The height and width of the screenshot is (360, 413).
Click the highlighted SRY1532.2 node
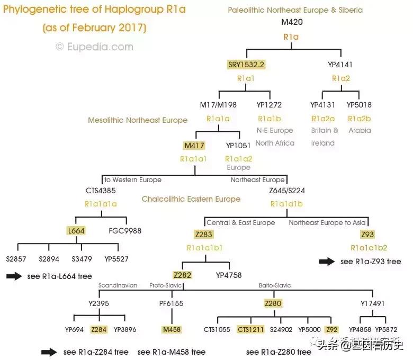coord(246,65)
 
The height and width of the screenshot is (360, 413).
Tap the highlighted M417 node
coord(194,145)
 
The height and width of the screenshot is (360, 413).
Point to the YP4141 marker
coord(340,65)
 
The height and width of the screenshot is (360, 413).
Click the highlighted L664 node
coord(76,230)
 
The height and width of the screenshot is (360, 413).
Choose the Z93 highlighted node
coord(367,235)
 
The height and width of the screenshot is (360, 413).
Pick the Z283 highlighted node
coord(204,234)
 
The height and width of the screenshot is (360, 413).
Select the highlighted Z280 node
coord(273,303)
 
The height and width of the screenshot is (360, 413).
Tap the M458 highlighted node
coord(172,329)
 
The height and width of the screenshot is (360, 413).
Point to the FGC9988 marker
coord(125,230)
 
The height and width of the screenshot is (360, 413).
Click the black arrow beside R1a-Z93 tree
coord(327,261)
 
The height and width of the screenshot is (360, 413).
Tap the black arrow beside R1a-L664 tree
coord(14,276)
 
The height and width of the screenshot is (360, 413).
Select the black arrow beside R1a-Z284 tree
coord(49,352)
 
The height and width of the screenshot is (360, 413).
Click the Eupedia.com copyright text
coord(95,47)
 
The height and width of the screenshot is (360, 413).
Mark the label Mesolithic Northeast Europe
coord(138,120)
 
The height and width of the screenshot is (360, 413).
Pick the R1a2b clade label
coord(360,118)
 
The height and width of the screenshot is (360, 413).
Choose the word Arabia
coord(360,130)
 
